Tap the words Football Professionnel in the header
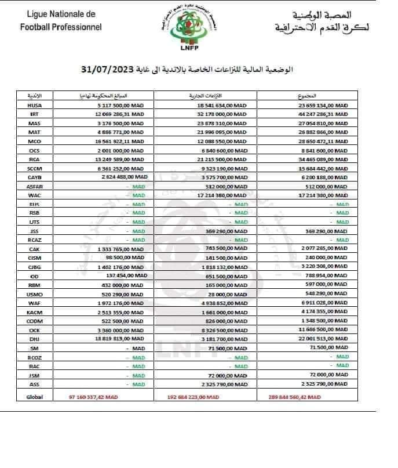pyautogui.click(x=60, y=27)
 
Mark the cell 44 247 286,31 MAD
pyautogui.click(x=323, y=115)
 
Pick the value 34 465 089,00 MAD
pyautogui.click(x=323, y=159)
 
